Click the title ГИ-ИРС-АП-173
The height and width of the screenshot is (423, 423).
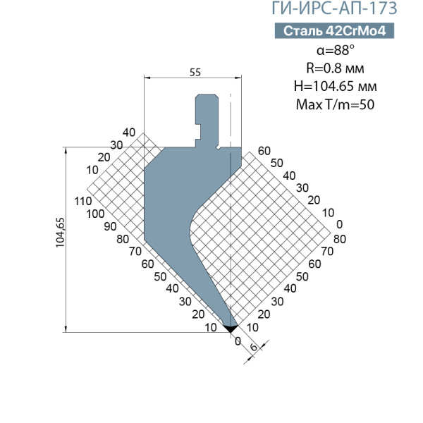(334, 8)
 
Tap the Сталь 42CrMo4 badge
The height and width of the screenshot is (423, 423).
(334, 31)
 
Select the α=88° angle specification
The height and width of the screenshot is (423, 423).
(335, 50)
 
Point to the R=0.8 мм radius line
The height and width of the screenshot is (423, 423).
(335, 68)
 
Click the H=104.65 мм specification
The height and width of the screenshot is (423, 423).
(335, 86)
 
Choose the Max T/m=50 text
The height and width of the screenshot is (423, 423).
(335, 104)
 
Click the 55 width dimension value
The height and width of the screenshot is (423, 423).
(195, 73)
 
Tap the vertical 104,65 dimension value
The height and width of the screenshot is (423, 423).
(60, 232)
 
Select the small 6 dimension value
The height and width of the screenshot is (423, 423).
(254, 347)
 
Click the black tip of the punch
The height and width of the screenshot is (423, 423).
(231, 329)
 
